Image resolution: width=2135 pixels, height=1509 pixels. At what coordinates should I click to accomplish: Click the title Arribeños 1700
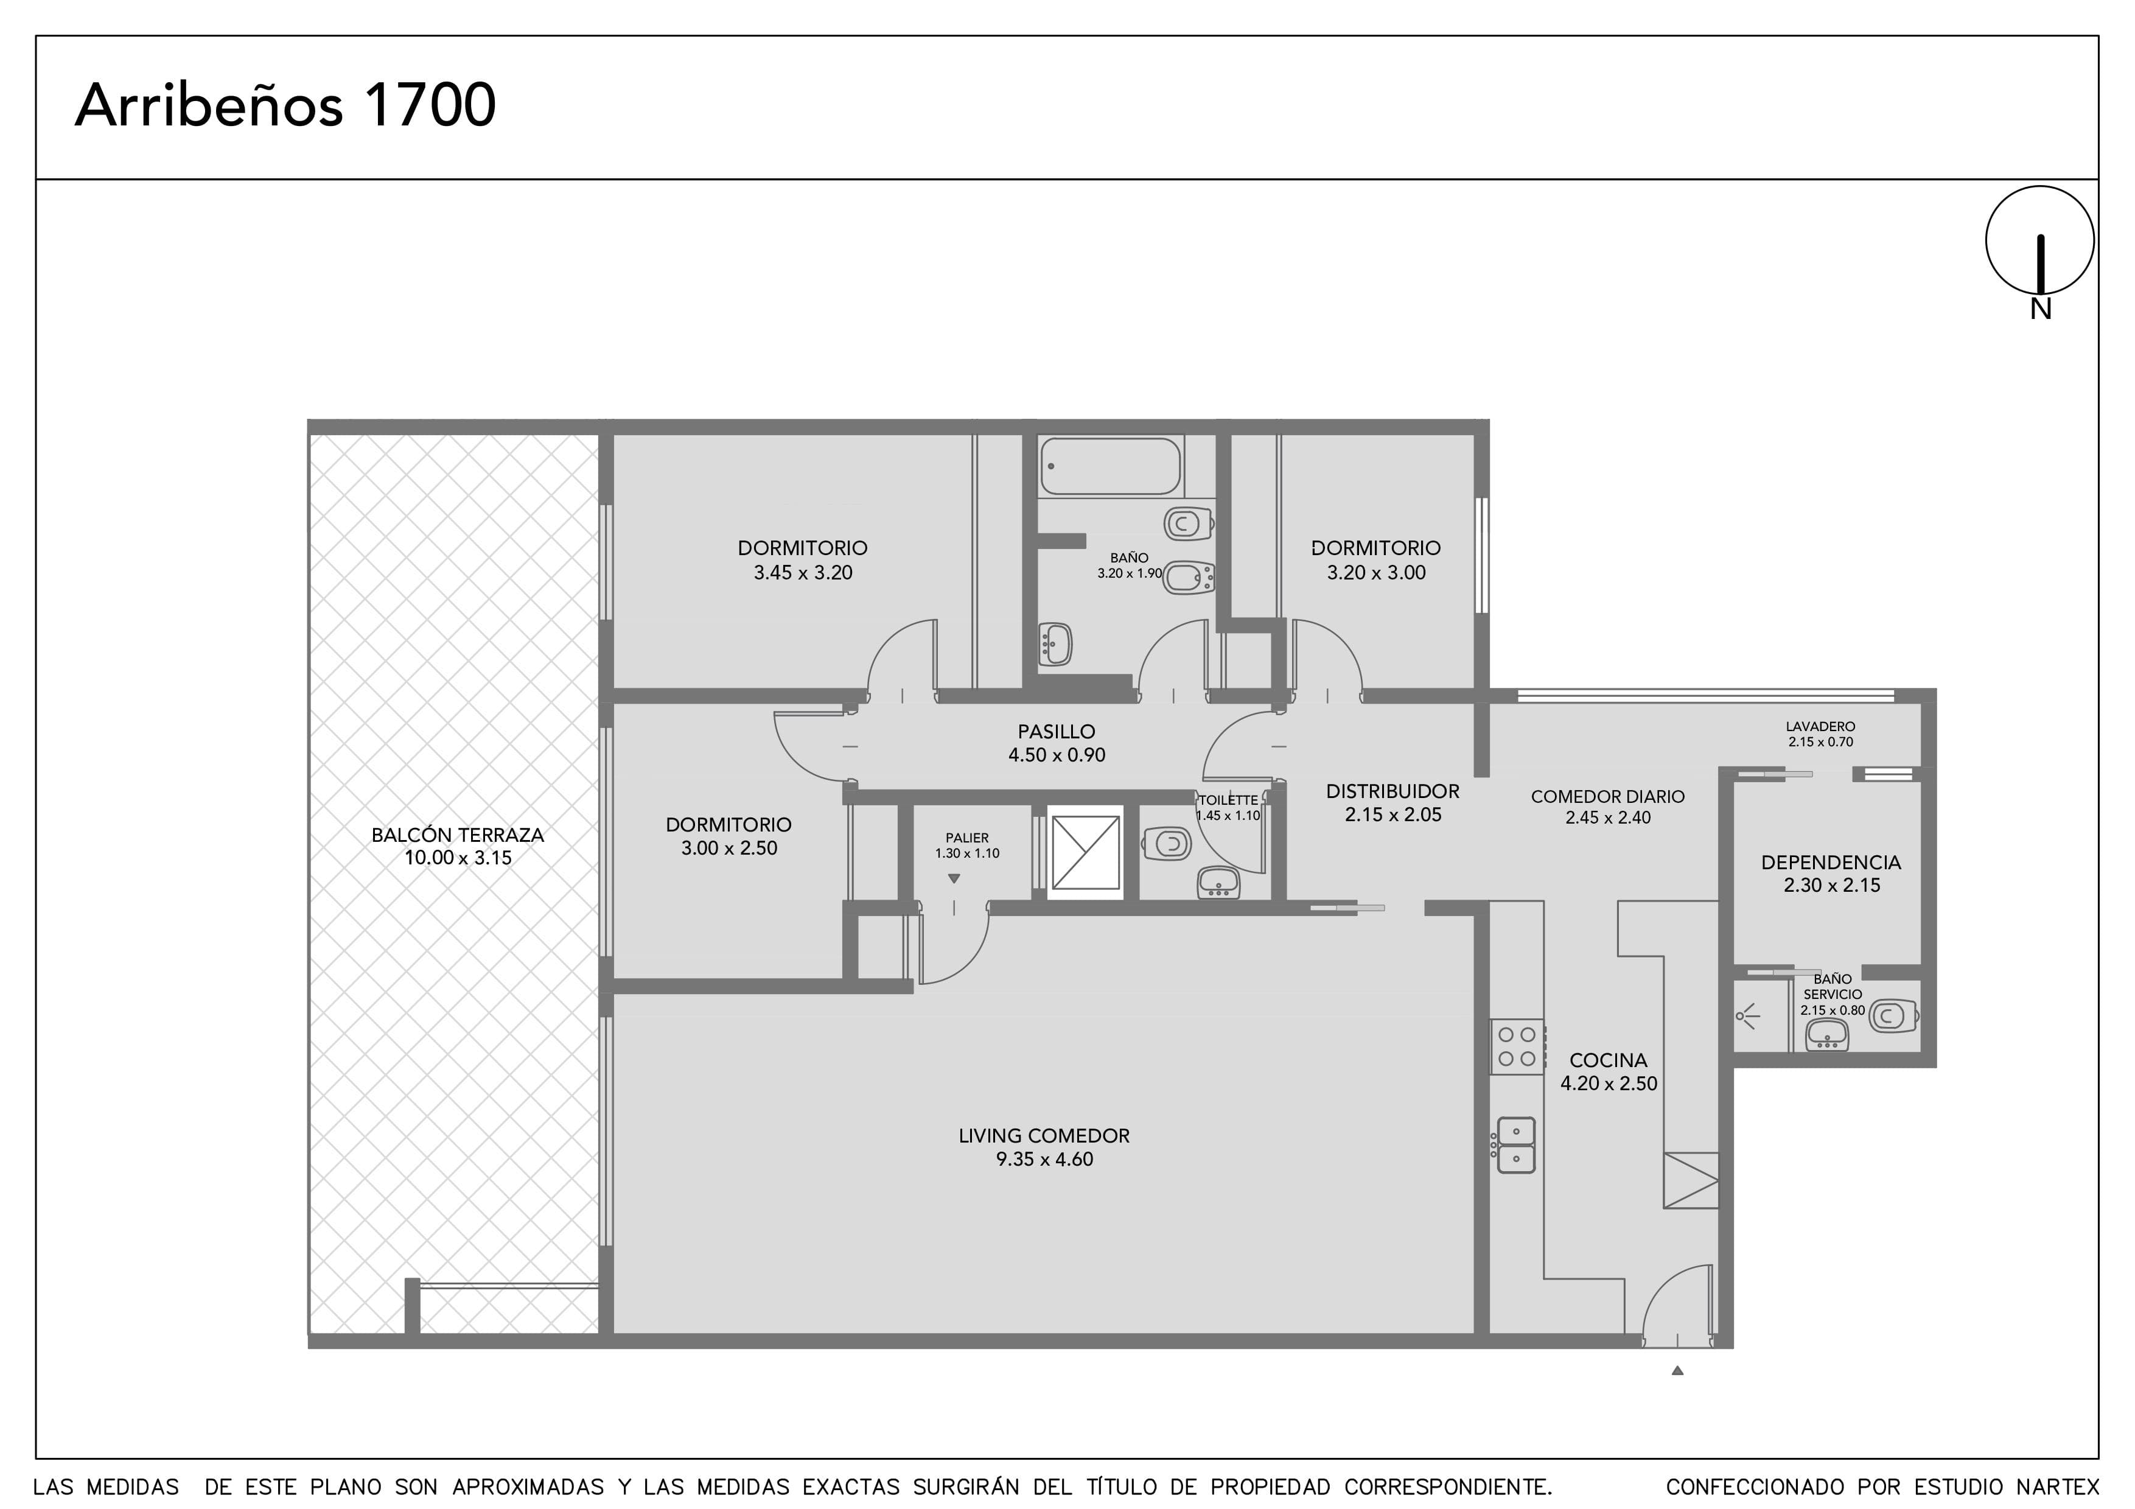285,105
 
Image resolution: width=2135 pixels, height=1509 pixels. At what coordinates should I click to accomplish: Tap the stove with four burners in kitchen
1517,1047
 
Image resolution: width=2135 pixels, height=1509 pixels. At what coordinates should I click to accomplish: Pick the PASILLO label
1057,732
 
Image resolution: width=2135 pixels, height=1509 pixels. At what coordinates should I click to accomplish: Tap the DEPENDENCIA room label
1831,862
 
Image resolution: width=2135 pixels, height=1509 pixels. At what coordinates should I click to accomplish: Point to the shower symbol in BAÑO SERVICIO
1748,1016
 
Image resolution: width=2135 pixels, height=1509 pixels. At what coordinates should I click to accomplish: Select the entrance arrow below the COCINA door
1677,1370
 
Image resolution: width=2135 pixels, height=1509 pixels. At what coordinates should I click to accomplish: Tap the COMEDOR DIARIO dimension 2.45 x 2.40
1608,818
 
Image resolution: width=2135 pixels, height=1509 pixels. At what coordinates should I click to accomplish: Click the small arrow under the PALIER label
953,878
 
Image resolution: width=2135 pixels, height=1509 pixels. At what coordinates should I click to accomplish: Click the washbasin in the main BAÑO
1055,643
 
